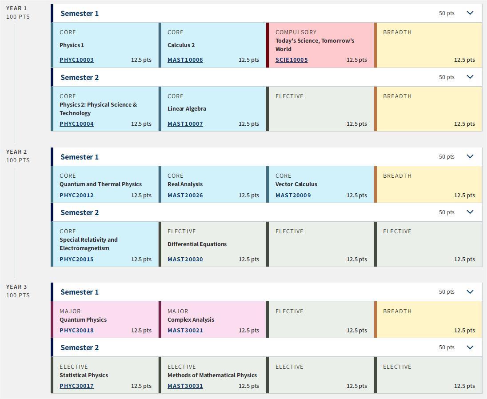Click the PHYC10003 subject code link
(x=76, y=60)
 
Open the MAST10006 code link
(x=185, y=60)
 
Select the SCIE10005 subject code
(x=291, y=60)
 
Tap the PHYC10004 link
(x=76, y=124)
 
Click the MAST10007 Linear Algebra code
(x=185, y=124)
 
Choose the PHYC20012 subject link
(x=76, y=196)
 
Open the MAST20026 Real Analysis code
(x=185, y=196)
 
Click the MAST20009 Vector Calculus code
(x=293, y=196)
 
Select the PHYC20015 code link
(x=76, y=259)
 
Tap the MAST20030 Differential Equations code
(x=185, y=259)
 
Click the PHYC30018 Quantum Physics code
(x=76, y=331)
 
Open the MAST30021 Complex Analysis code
(x=185, y=331)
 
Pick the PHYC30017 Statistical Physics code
(x=76, y=386)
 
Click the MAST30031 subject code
(x=185, y=386)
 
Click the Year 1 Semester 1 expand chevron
(x=470, y=13)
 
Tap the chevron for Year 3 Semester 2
(x=470, y=347)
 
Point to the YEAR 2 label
(x=16, y=152)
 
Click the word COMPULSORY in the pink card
(x=296, y=32)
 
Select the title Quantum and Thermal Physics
(x=100, y=184)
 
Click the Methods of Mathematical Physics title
(x=212, y=375)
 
